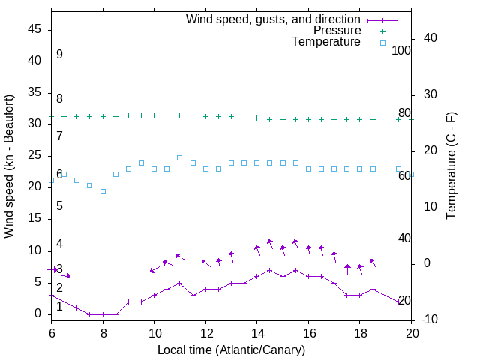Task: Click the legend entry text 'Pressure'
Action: [x=337, y=31]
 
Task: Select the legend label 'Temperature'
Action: [x=326, y=42]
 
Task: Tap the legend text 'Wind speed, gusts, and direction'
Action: [x=274, y=19]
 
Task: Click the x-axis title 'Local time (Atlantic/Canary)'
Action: [x=231, y=349]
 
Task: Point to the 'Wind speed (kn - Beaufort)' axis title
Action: [x=9, y=166]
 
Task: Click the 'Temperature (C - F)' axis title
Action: [x=451, y=166]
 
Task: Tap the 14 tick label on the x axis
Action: [x=256, y=332]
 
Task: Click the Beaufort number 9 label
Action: [x=59, y=55]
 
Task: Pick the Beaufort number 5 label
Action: [x=59, y=205]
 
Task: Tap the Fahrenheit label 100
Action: [x=401, y=51]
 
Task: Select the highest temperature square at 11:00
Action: [x=179, y=157]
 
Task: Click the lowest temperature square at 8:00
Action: [x=103, y=191]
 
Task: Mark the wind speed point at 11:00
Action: [x=179, y=283]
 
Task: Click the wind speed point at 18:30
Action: [x=373, y=289]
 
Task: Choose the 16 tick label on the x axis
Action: [x=308, y=332]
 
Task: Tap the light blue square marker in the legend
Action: [x=382, y=43]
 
